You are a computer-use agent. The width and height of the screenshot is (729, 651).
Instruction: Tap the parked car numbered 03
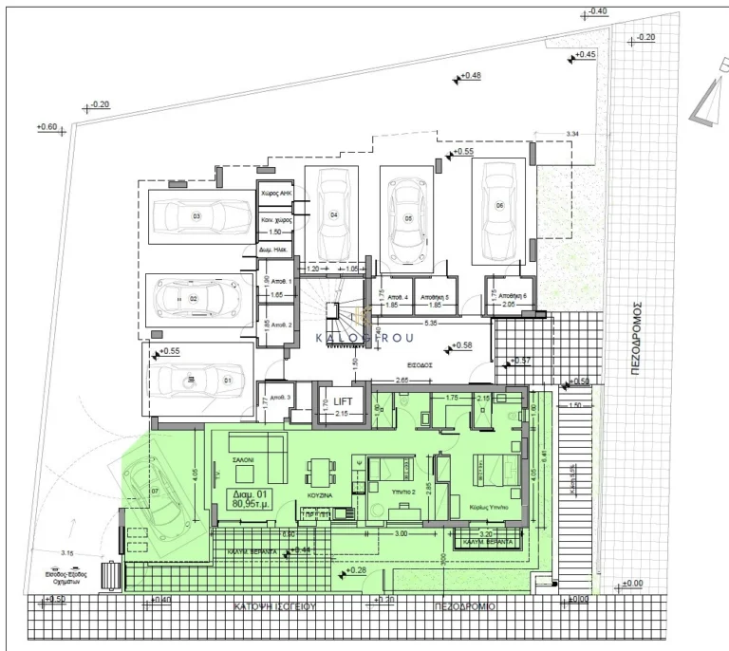coord(196,216)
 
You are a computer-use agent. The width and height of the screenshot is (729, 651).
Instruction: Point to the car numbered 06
coord(499,209)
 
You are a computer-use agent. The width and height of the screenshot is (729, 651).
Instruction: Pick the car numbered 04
coord(334,213)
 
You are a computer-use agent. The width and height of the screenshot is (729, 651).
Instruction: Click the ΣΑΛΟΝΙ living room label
coord(245,459)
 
